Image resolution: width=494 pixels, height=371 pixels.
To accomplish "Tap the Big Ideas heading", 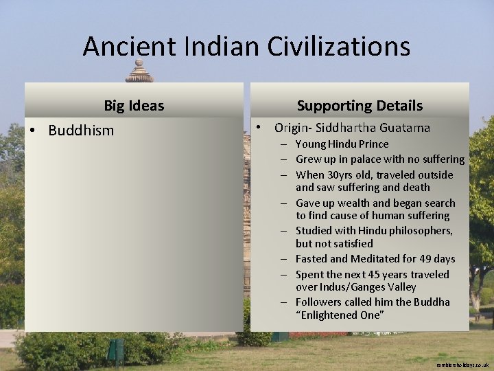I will click(134, 106).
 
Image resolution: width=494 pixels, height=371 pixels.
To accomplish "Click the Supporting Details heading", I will click(360, 106).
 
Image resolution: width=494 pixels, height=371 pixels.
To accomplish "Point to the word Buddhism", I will click(81, 131).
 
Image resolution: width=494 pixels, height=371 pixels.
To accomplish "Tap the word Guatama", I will click(405, 128).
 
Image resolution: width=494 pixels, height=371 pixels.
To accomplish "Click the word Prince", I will click(373, 144).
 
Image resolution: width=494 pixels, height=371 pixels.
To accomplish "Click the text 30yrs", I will click(338, 175).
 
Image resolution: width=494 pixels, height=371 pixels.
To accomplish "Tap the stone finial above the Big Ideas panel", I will click(139, 71).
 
